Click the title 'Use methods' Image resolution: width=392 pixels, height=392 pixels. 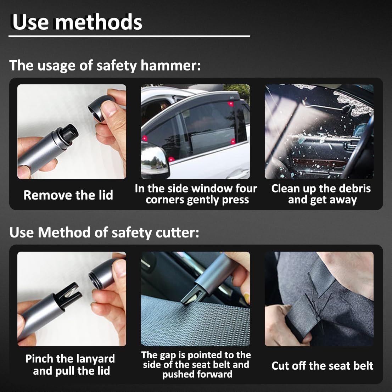pos(77,22)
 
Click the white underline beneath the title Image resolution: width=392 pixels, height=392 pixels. pos(130,36)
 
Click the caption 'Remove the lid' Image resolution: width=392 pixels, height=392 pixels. pos(68,195)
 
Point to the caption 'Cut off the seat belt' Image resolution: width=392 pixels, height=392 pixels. pos(322,366)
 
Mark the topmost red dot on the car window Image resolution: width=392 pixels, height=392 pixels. pos(231,103)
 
